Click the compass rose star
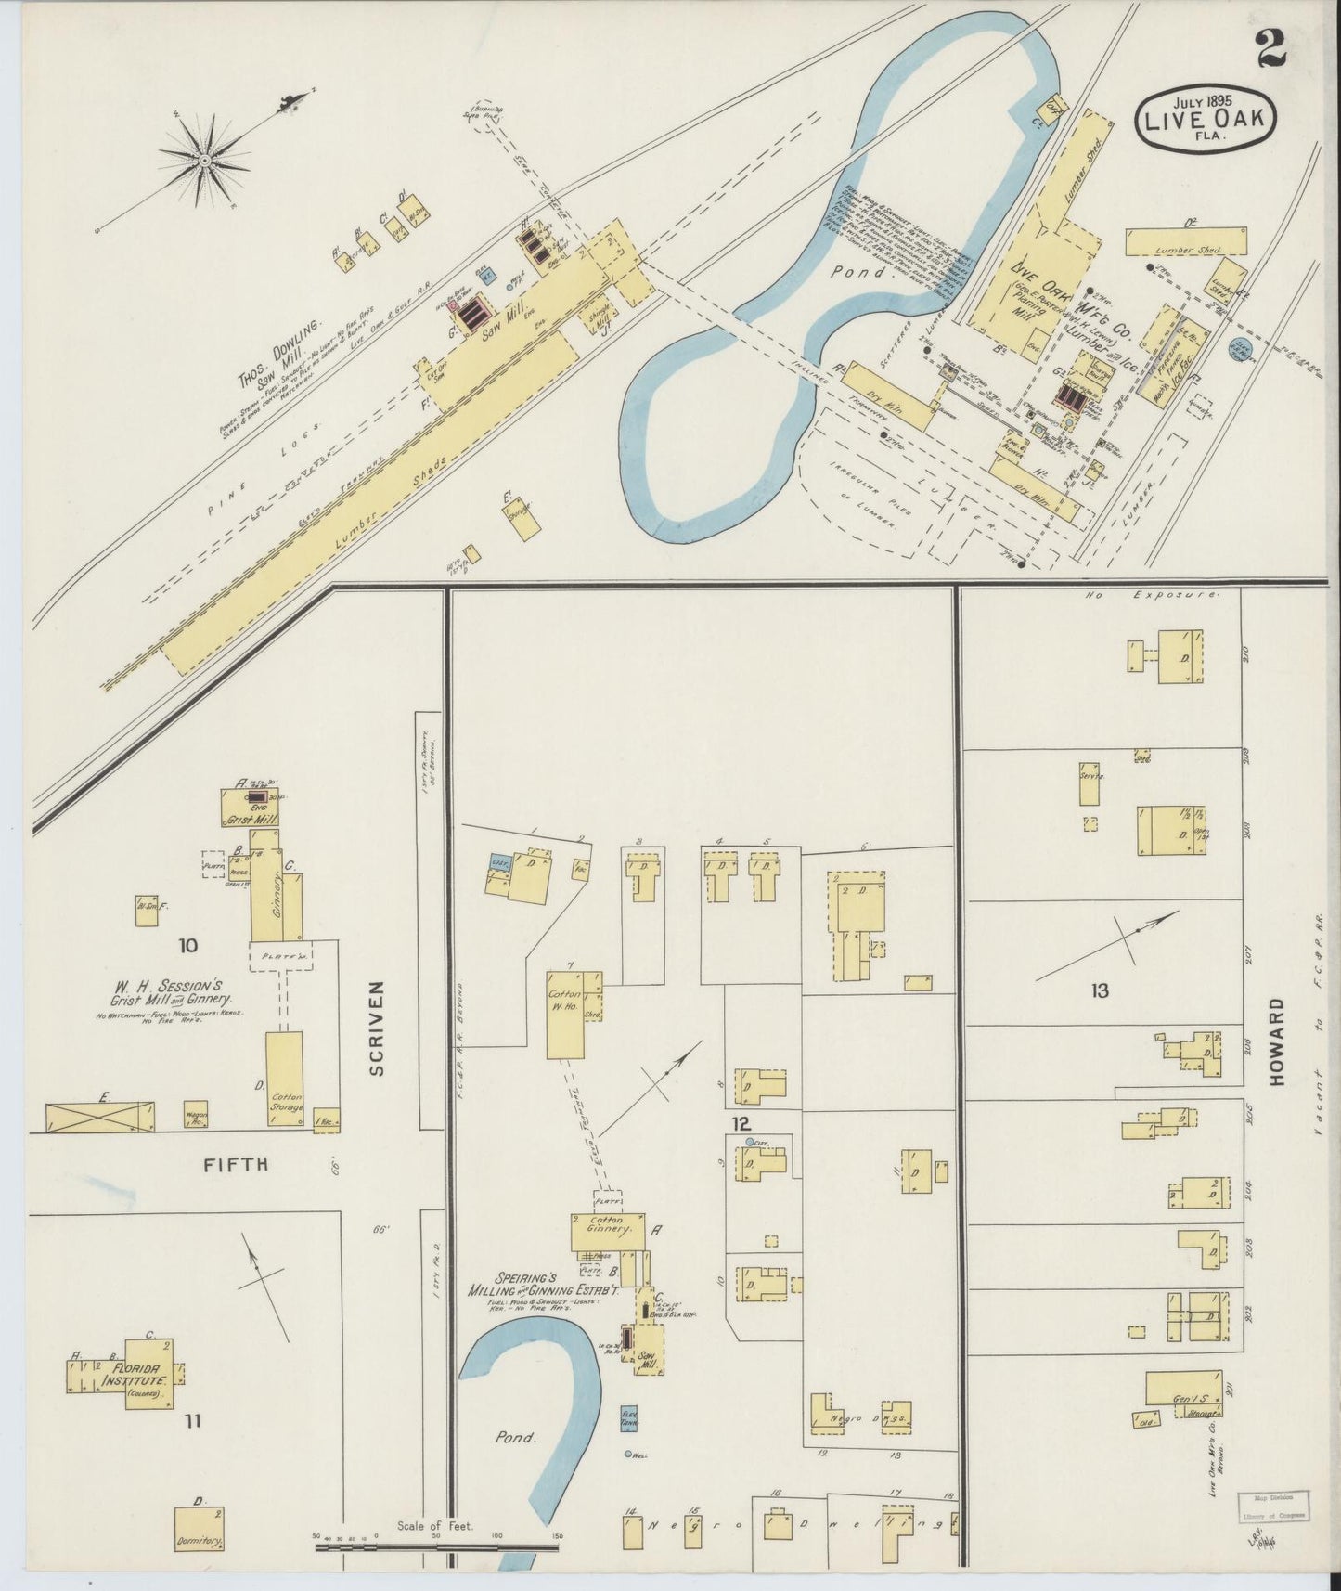coord(203,162)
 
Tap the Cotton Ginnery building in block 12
coord(607,1231)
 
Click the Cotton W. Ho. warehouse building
coord(566,1015)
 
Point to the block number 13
coord(1100,991)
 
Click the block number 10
coord(188,946)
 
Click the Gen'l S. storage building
coord(1181,1388)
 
